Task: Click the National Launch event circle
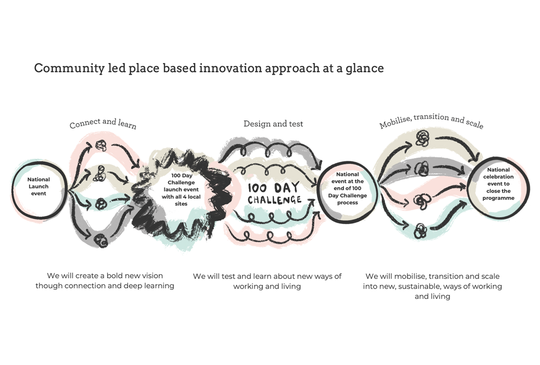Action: [38, 187]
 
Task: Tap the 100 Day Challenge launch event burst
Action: [181, 190]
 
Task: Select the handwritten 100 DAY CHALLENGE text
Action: [274, 193]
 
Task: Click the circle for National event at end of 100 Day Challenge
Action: [347, 189]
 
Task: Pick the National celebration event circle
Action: [498, 184]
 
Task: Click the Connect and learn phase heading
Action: [103, 123]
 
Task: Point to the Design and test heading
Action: [273, 124]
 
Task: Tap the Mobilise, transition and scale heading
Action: [431, 121]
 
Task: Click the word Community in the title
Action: [69, 68]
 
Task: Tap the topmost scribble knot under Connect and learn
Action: [101, 145]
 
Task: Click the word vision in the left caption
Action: [150, 276]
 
